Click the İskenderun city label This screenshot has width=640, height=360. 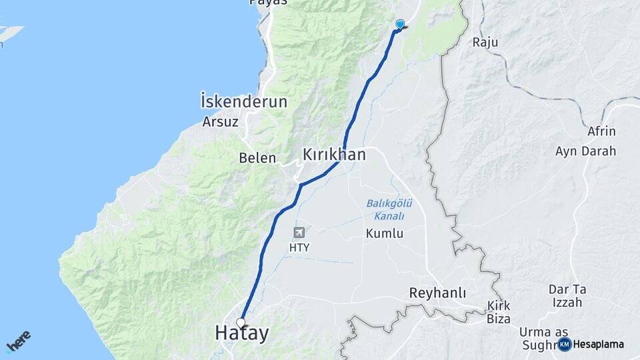point(243,102)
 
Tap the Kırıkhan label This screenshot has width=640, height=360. point(334,155)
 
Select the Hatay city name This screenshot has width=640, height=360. point(241,333)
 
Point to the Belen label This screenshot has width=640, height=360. point(257,158)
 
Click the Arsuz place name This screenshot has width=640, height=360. point(221,123)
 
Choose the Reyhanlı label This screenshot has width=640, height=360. point(437,293)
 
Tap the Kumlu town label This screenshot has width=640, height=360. point(385,233)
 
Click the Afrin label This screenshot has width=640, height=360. point(601,131)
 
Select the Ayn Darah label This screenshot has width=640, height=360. point(585,151)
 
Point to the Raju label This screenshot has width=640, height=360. point(485,42)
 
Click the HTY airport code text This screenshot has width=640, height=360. point(299,247)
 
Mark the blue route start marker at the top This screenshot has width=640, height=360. point(399,25)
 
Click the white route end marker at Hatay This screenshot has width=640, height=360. point(241,323)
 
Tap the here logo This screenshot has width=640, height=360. point(18,341)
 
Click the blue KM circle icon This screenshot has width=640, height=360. point(565,344)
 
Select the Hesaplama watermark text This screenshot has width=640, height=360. point(598,345)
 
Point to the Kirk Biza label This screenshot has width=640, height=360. point(499,312)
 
